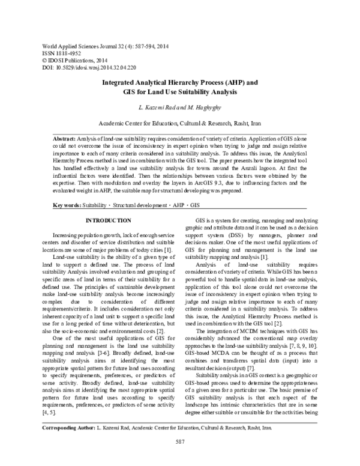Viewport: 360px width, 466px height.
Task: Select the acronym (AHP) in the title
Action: [x=227, y=83]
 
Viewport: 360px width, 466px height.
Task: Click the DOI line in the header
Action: [x=86, y=68]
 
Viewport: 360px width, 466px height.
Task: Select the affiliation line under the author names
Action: [x=180, y=119]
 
